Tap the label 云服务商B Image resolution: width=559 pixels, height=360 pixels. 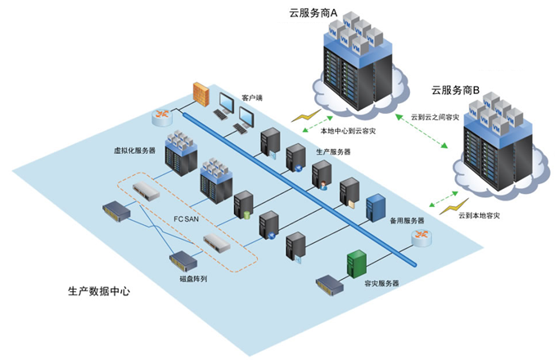(x=460, y=89)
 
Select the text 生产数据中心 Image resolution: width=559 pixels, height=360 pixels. (x=99, y=290)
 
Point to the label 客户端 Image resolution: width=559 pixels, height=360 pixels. (x=252, y=97)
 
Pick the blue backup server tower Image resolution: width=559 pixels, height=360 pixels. (x=376, y=209)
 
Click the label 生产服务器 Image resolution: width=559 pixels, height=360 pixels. (x=333, y=151)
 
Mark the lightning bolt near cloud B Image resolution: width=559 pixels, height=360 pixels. (x=449, y=208)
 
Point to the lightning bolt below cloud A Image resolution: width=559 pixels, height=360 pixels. (x=306, y=117)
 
